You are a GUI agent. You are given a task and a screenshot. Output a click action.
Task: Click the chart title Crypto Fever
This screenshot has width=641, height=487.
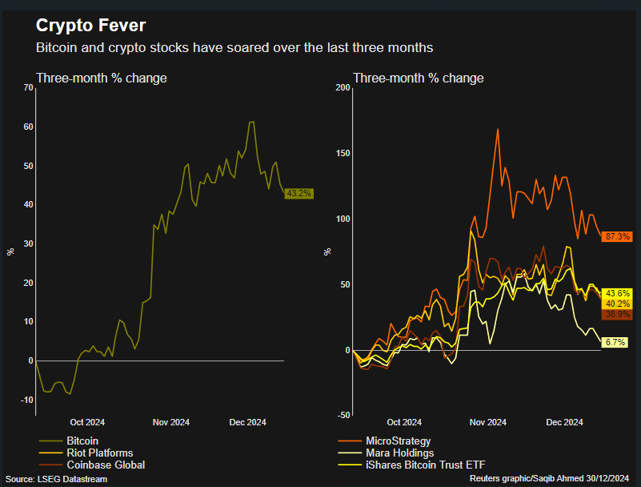coord(90,25)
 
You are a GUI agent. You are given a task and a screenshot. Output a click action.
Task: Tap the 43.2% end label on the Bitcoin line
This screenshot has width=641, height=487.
coord(298,193)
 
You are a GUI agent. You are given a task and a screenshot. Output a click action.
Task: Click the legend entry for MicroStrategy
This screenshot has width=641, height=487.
coord(398,441)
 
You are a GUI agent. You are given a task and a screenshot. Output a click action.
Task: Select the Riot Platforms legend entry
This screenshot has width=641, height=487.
coord(99,453)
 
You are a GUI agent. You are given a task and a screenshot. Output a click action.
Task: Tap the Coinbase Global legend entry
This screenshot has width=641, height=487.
coord(105,465)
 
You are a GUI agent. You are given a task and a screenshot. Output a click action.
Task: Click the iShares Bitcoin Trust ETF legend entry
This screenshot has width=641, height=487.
coord(425,465)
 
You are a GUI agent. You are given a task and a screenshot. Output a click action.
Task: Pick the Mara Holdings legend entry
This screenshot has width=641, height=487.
coord(399,453)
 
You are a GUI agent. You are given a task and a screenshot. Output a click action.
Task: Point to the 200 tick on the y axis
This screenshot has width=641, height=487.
coord(342,87)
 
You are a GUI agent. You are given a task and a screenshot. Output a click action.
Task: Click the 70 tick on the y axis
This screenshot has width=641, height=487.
coord(27,87)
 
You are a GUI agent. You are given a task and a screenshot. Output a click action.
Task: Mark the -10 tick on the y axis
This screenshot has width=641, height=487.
coord(26,400)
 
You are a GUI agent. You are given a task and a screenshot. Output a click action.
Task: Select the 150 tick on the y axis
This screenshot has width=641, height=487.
coord(342,153)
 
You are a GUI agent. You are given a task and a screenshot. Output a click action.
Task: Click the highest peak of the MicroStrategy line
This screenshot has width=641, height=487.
coord(498,129)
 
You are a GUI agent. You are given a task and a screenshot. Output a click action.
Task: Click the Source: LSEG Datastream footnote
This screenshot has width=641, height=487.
coord(56,479)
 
